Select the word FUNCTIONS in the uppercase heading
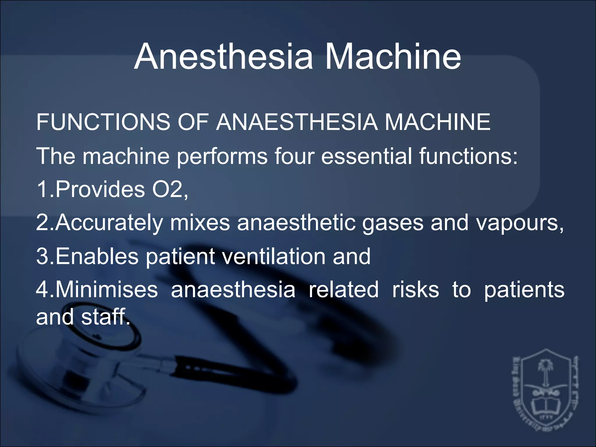(x=103, y=122)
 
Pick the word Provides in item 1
(x=100, y=189)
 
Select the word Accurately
(x=109, y=223)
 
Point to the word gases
(x=393, y=223)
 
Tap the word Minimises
(x=106, y=290)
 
